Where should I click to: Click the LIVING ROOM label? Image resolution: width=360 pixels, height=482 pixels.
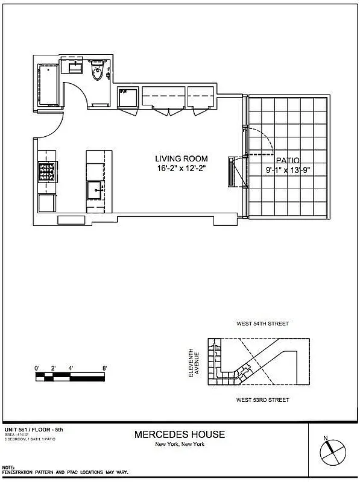tap(182, 158)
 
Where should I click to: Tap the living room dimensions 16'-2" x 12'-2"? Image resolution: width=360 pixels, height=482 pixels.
tap(182, 169)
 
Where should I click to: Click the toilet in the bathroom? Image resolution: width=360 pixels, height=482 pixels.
tap(96, 73)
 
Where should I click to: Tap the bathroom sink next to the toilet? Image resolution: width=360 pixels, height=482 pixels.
tap(75, 66)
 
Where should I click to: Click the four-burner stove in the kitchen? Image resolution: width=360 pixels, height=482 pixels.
tap(46, 172)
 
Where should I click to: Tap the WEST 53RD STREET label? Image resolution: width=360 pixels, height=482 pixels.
tap(262, 400)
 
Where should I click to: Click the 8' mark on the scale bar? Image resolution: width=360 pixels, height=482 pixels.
tap(104, 367)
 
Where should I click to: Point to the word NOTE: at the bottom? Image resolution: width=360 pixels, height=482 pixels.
tap(9, 468)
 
